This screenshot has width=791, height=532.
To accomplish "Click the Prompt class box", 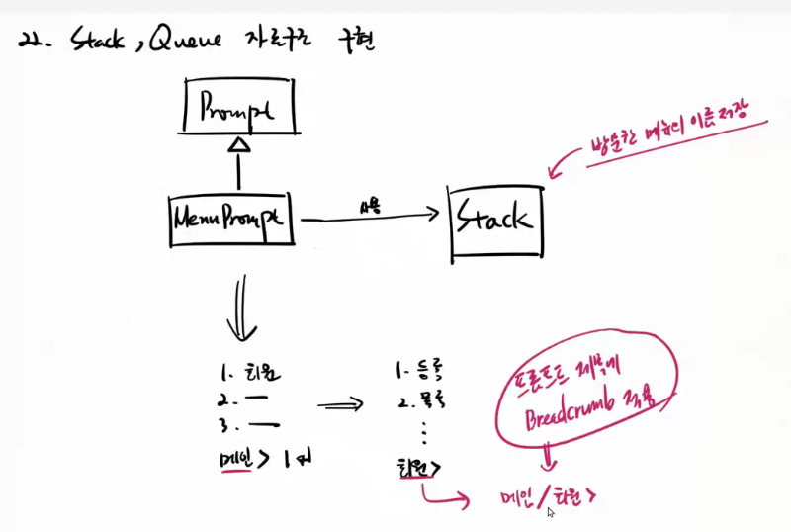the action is pyautogui.click(x=238, y=108).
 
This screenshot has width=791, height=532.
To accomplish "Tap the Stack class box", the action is pyautogui.click(x=495, y=220).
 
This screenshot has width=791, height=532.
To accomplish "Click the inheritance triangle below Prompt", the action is pyautogui.click(x=237, y=145).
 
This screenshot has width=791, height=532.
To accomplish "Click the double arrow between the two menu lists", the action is pyautogui.click(x=341, y=404).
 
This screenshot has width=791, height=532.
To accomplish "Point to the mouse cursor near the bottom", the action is pyautogui.click(x=551, y=512).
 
